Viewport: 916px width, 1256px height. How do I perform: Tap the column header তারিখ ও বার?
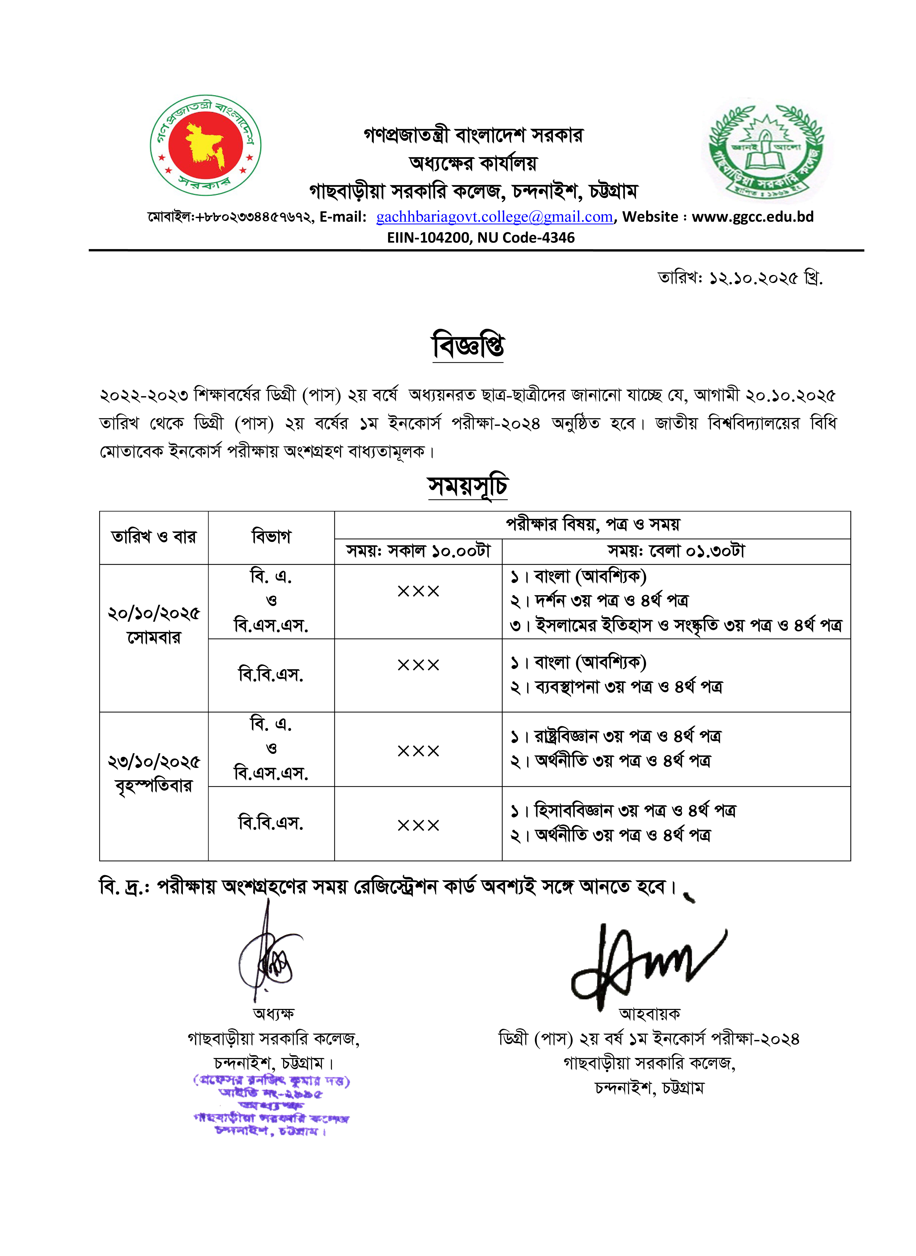[x=154, y=537]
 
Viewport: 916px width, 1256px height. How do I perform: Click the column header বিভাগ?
[x=271, y=537]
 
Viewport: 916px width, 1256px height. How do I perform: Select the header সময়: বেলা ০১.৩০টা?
[x=676, y=551]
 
